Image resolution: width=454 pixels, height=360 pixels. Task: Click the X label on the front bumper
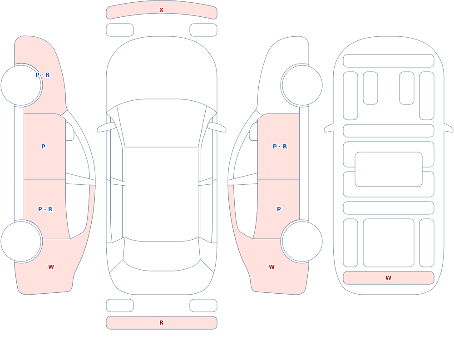coord(161,10)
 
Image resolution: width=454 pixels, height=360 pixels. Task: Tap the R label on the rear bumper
coord(161,323)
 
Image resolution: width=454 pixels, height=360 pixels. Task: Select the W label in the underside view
coord(388,278)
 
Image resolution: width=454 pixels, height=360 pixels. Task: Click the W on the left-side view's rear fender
coord(51,267)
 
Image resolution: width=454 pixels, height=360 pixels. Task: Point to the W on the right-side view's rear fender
coord(271,267)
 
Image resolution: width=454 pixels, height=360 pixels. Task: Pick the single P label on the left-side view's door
coord(43,147)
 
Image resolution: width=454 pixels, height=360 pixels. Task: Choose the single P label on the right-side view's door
coord(279,209)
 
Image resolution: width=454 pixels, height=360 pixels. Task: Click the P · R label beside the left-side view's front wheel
coord(43,75)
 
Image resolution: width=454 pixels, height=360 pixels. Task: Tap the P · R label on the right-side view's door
coord(280,147)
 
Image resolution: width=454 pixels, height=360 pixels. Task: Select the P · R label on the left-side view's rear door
coord(45,209)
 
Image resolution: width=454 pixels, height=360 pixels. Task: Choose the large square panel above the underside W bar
coord(389,243)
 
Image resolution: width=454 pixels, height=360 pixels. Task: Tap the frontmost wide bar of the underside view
coord(389,61)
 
